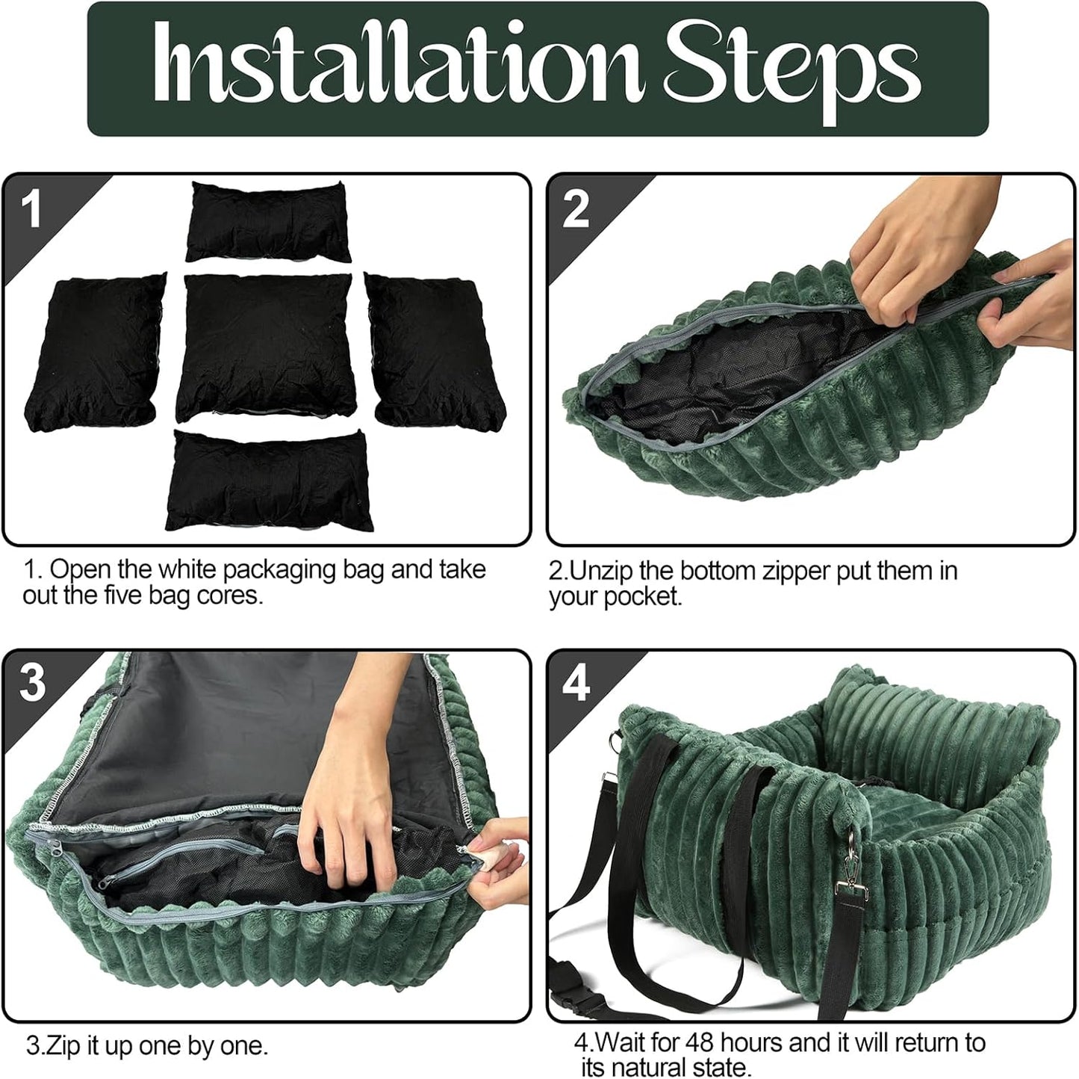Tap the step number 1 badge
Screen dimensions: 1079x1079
[x=31, y=209]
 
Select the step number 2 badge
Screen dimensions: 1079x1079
[x=576, y=209]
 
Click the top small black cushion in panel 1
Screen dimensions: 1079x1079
[x=269, y=222]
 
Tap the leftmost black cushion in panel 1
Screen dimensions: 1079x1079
[x=96, y=350]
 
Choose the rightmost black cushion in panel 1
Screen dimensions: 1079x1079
[x=437, y=350]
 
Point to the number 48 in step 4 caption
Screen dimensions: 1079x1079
[x=700, y=1042]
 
